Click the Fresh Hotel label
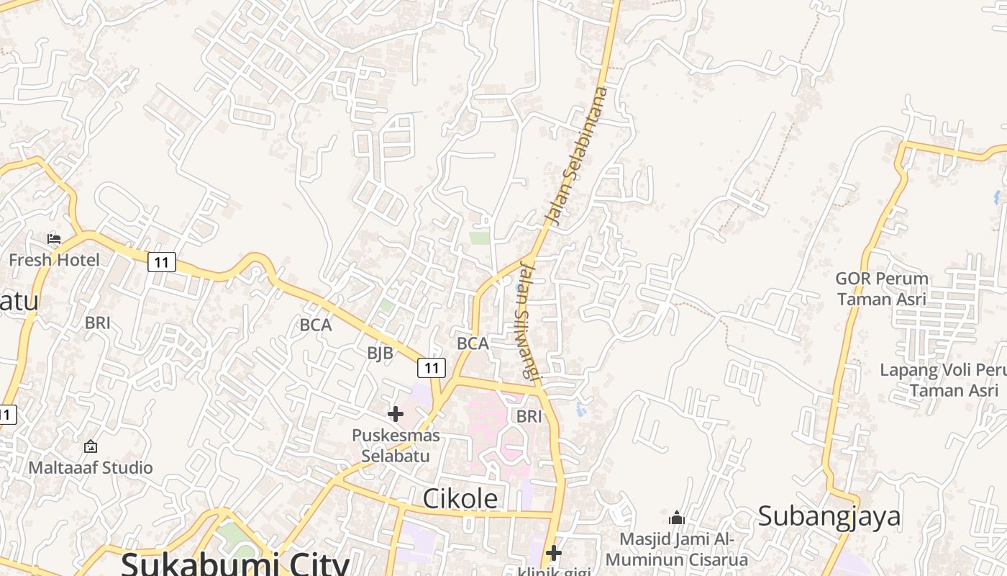[x=55, y=259]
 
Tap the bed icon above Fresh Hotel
[x=54, y=238]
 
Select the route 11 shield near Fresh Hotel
[x=162, y=262]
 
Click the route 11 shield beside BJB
[x=431, y=368]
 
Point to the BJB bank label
[x=380, y=353]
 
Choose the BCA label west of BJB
[x=316, y=325]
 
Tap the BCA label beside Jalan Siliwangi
[x=473, y=343]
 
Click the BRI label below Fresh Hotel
[x=98, y=323]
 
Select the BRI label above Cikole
[x=529, y=415]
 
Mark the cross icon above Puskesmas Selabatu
[x=396, y=414]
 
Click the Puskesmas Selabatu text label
[x=395, y=446]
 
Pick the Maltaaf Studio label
[x=91, y=467]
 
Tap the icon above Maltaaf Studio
[x=91, y=447]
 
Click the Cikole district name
[x=460, y=498]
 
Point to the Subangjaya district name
[x=829, y=516]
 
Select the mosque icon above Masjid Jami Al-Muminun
[x=676, y=518]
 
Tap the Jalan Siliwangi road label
[x=528, y=320]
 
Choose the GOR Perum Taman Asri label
[x=882, y=288]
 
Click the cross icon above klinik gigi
[x=553, y=553]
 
